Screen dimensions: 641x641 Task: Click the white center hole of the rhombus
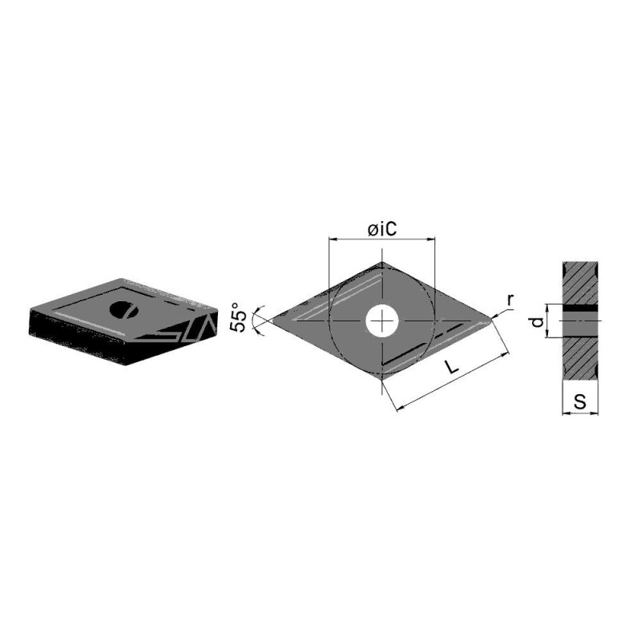[383, 321]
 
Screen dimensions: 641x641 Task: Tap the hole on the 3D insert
[123, 309]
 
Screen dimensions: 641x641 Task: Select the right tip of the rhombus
[492, 321]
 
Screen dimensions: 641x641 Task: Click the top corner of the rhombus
[383, 263]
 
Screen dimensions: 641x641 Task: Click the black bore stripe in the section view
[579, 308]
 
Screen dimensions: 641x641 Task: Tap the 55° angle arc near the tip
[256, 320]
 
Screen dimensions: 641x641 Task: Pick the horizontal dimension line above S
[579, 413]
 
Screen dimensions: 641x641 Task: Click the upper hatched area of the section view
[579, 282]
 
